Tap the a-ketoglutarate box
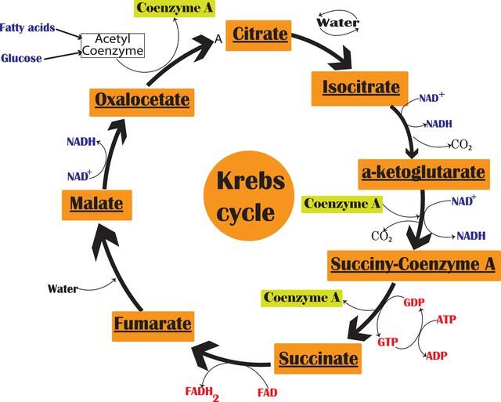pyautogui.click(x=424, y=172)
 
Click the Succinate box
pyautogui.click(x=318, y=359)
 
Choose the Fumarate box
pyautogui.click(x=153, y=323)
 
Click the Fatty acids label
pyautogui.click(x=29, y=28)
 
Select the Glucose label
pyautogui.click(x=21, y=58)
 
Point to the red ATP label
pyautogui.click(x=447, y=320)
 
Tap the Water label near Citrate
pyautogui.click(x=337, y=23)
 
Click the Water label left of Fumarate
pyautogui.click(x=63, y=288)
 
